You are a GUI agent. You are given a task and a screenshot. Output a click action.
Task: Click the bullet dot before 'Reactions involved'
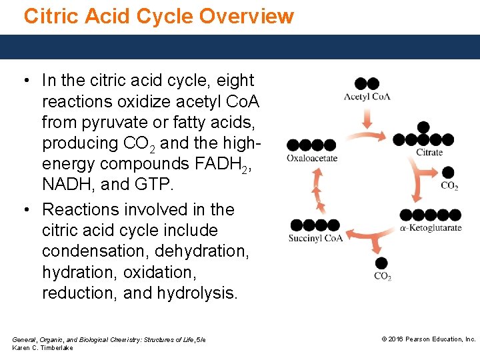pos(25,210)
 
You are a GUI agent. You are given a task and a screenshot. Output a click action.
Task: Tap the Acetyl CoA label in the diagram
pos(367,97)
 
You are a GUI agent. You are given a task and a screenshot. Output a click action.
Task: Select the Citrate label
pos(429,152)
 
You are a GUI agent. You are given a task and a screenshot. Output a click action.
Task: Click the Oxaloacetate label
pos(312,158)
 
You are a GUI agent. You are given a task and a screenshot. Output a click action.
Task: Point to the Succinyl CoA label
pos(315,238)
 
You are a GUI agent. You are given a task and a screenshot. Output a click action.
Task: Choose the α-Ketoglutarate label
pos(431,227)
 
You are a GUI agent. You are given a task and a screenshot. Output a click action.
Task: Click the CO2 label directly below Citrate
pos(449,186)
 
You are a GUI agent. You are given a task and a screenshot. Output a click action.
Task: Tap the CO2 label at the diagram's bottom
pos(383,277)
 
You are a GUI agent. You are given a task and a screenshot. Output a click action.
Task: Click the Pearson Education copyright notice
pos(428,339)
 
